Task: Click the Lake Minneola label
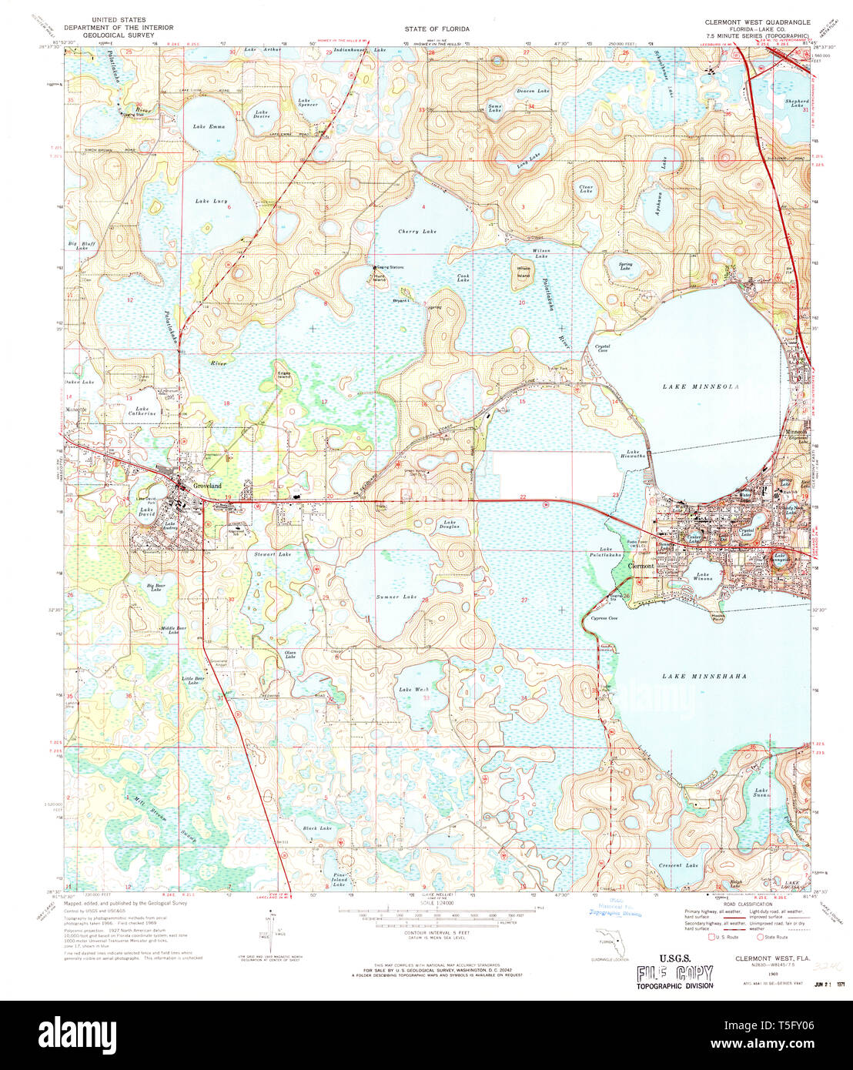click(x=701, y=386)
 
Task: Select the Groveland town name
click(x=207, y=486)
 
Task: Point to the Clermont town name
click(x=641, y=566)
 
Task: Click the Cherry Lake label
click(x=417, y=231)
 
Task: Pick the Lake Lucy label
click(x=211, y=201)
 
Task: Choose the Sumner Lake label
click(x=396, y=597)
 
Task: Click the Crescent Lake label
click(x=678, y=865)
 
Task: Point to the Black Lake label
click(x=317, y=828)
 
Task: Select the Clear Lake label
click(x=586, y=189)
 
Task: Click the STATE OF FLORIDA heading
click(x=437, y=28)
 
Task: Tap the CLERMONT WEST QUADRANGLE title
click(x=757, y=22)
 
